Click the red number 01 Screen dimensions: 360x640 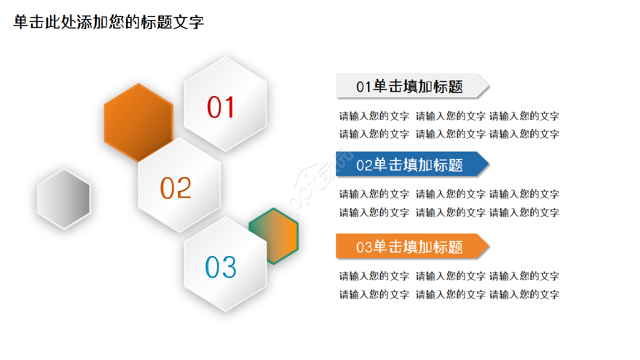coord(221,107)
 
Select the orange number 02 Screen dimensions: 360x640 coord(175,188)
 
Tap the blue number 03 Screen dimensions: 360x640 coord(220,267)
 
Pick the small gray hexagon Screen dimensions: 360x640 coord(63,199)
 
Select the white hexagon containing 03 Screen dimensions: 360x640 coord(225,290)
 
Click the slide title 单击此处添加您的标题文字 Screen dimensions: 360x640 coord(108,22)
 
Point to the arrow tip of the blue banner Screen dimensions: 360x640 coord(483,164)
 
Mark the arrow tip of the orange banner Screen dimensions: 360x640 coord(483,246)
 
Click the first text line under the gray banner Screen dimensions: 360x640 coord(448,116)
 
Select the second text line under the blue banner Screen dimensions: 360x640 coord(448,212)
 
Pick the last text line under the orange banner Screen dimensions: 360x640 coord(448,294)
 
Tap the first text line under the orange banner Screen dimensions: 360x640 coord(448,276)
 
